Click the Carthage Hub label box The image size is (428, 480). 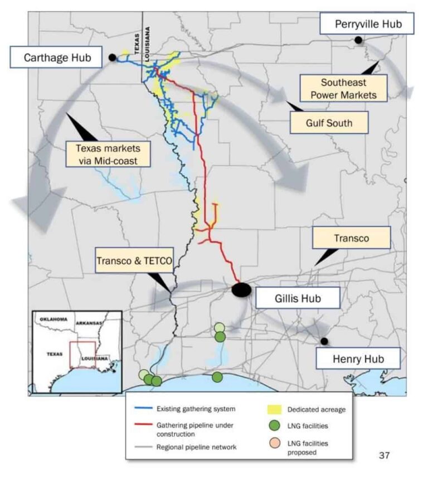[56, 57]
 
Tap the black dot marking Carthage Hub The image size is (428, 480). [112, 57]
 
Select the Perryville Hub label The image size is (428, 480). [367, 23]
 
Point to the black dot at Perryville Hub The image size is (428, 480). [358, 40]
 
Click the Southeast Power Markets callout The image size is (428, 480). [343, 89]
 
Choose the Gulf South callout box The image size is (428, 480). [329, 123]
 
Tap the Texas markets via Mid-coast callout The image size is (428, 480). [108, 154]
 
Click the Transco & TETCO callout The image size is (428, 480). [134, 260]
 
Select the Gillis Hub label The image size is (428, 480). [298, 298]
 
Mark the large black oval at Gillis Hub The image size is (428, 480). [241, 289]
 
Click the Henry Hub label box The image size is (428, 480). [358, 358]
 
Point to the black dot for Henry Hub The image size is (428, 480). [324, 341]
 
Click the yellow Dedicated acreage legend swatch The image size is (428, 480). [274, 409]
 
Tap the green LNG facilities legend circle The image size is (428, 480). [274, 425]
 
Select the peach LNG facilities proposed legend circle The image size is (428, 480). [275, 443]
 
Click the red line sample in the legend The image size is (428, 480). [143, 425]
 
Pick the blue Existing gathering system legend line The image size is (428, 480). [143, 408]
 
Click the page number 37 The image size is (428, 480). [384, 455]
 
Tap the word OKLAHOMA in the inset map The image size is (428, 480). [53, 319]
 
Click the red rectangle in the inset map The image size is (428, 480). [70, 355]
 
